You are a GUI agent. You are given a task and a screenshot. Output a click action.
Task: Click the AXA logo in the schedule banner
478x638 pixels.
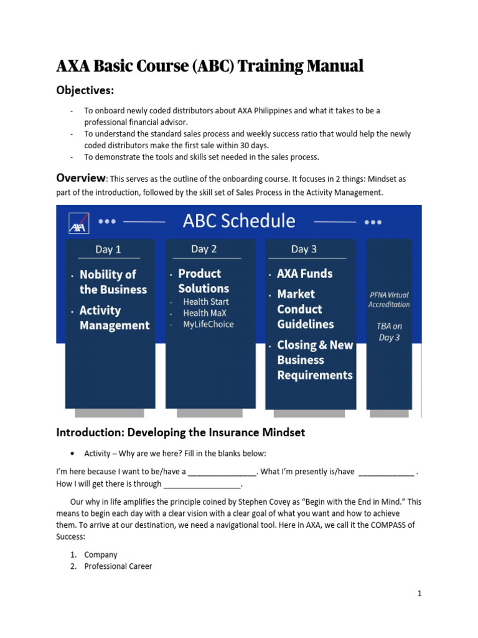click(x=78, y=222)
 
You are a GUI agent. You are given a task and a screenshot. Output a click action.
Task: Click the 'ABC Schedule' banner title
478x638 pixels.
click(x=239, y=221)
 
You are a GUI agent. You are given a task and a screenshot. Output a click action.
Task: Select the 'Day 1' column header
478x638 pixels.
click(x=108, y=249)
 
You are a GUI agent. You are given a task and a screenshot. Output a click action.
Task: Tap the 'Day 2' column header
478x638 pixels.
click(x=204, y=249)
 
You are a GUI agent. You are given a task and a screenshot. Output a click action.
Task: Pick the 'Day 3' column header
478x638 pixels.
click(x=304, y=249)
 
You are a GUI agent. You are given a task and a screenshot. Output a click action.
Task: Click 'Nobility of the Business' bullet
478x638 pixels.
click(x=113, y=282)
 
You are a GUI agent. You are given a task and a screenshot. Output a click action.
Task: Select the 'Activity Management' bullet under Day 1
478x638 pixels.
click(x=115, y=318)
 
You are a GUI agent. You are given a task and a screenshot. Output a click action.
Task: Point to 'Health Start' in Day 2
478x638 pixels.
click(x=205, y=302)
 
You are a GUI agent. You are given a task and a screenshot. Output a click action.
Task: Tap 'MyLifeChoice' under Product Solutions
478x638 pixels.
click(x=208, y=324)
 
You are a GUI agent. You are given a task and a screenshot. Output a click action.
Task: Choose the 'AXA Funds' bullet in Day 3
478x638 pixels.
click(x=304, y=274)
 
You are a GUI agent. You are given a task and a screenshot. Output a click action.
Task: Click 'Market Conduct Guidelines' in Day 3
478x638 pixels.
click(x=305, y=309)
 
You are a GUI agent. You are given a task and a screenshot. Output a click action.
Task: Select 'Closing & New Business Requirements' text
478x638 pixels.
click(x=314, y=360)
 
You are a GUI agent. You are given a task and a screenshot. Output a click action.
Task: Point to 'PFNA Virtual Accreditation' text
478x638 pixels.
click(x=389, y=300)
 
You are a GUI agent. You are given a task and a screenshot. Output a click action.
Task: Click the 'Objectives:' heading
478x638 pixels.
click(x=85, y=91)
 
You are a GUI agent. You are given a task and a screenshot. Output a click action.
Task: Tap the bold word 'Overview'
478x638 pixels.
click(x=81, y=178)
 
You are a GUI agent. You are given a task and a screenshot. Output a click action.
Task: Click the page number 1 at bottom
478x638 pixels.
click(x=419, y=594)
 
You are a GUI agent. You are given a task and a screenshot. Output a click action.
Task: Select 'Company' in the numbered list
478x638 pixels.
click(x=101, y=555)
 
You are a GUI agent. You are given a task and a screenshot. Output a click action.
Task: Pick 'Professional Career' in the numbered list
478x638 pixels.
click(x=118, y=566)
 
